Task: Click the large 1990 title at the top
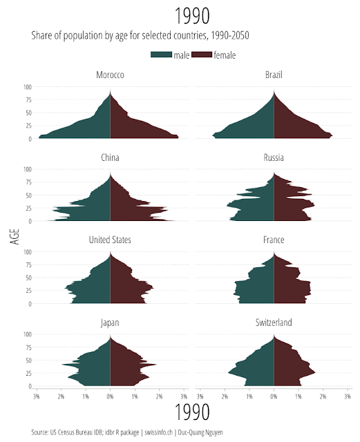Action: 192,15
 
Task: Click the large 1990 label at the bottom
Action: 192,413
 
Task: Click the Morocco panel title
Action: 110,75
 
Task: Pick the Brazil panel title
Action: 274,75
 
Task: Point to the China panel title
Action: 110,157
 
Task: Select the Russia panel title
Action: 274,157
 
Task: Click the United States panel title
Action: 110,240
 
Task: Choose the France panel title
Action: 274,240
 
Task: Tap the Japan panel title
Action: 110,322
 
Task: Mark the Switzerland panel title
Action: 274,322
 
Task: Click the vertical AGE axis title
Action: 15,236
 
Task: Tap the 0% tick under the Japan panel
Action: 110,396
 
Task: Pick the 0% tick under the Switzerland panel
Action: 274,396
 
